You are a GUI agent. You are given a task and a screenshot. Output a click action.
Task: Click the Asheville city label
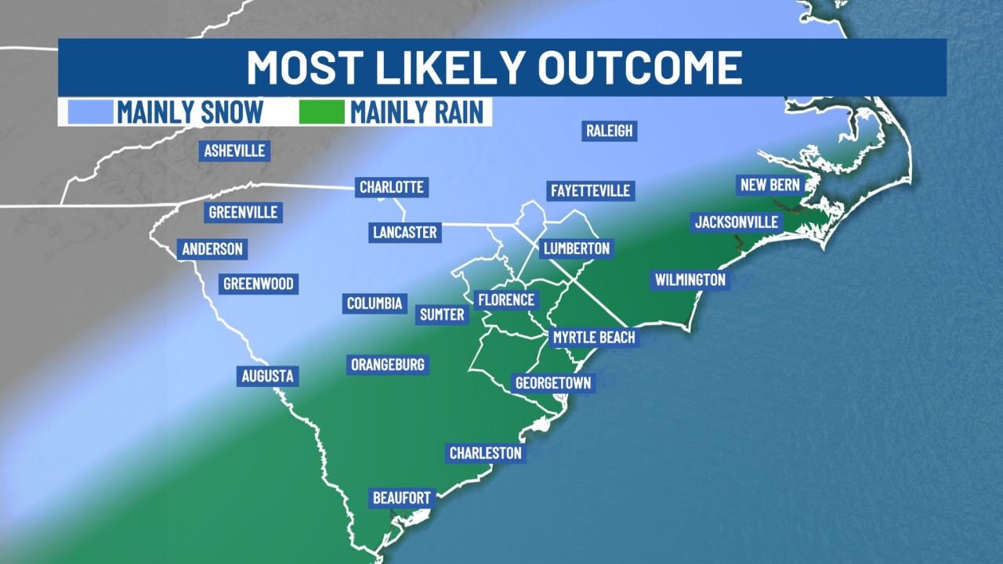(x=234, y=150)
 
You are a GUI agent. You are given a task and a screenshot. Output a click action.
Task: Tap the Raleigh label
(x=609, y=131)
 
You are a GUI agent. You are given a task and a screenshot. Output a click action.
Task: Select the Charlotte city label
(x=391, y=187)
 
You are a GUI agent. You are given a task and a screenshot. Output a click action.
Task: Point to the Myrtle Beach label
(x=594, y=338)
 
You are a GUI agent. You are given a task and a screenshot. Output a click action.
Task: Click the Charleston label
(x=485, y=453)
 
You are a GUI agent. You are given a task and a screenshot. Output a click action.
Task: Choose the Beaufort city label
(x=401, y=498)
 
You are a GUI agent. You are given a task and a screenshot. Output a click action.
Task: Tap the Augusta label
(x=267, y=376)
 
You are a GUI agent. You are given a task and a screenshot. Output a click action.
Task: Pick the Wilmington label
(x=690, y=280)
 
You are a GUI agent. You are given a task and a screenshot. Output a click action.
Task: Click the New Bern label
(x=769, y=186)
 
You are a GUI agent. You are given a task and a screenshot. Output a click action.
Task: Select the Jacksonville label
(x=737, y=222)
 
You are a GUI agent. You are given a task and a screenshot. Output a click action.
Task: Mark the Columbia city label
(x=375, y=303)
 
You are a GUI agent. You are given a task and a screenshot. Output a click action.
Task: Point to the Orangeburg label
(x=387, y=364)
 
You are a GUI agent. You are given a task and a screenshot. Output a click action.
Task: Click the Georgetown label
(x=552, y=383)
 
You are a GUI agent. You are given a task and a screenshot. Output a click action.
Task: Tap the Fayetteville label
(x=589, y=190)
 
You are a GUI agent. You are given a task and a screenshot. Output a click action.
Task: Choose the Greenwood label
(x=258, y=284)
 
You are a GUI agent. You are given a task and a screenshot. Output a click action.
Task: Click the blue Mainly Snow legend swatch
(x=85, y=112)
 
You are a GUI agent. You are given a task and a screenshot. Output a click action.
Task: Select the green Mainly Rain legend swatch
(x=321, y=112)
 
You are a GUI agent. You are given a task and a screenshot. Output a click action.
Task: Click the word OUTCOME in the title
(x=639, y=67)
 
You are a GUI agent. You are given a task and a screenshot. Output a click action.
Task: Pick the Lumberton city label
(x=575, y=249)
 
